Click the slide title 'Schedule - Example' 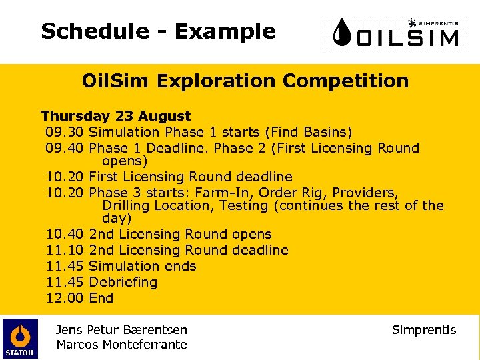(158, 31)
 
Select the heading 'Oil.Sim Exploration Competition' (245, 81)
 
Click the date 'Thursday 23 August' (115, 116)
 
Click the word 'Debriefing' (123, 282)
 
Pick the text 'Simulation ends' (142, 266)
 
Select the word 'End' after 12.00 (101, 298)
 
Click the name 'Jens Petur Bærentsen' (122, 329)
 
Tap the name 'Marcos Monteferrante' (122, 344)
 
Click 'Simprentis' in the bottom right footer (424, 330)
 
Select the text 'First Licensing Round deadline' (190, 177)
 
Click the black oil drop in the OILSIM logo (343, 33)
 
